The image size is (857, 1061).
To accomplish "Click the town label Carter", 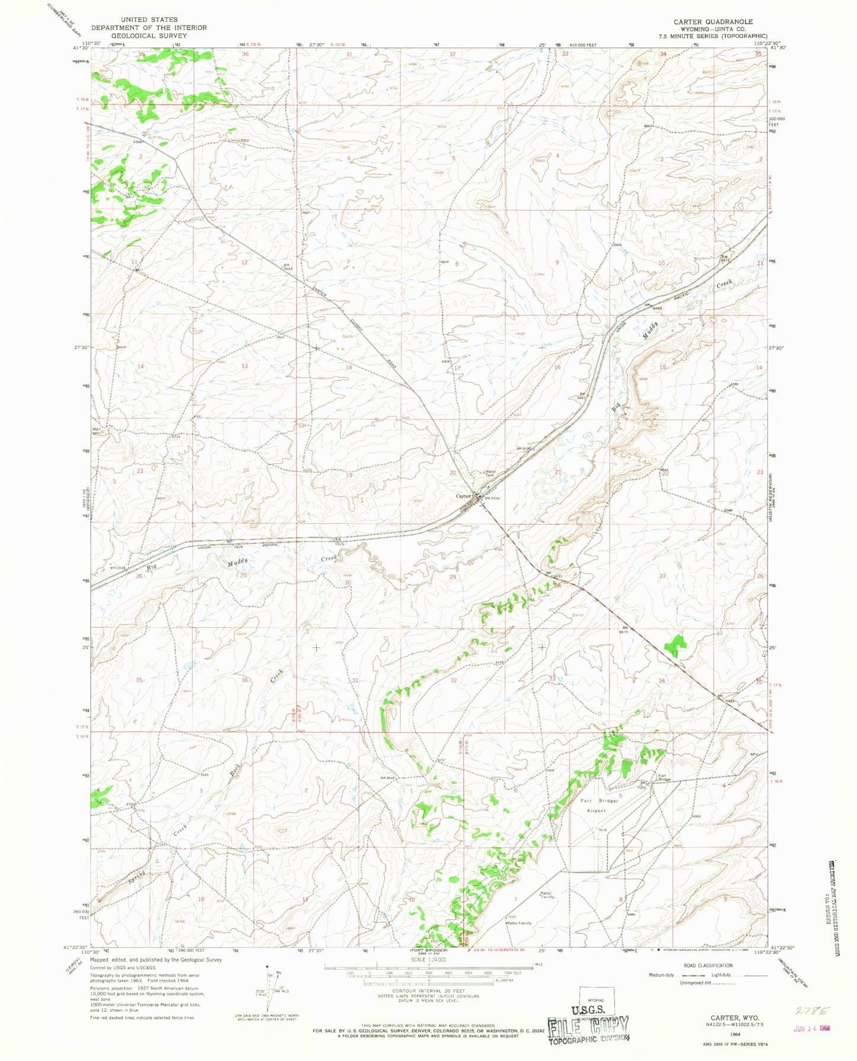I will [x=463, y=495].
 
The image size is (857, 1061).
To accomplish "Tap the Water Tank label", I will [x=490, y=474].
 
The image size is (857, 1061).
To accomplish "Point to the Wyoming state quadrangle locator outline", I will [x=596, y=1002].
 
